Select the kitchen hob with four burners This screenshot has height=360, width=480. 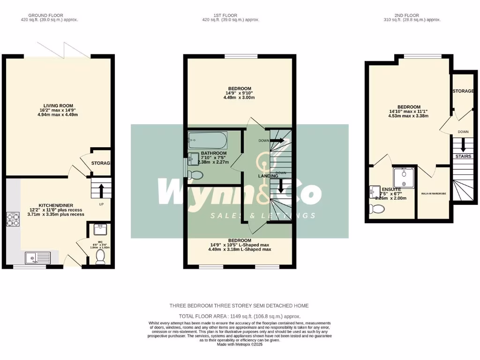click(x=12, y=219)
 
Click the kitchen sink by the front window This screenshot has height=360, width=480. click(x=36, y=257)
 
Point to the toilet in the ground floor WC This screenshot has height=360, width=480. click(x=100, y=256)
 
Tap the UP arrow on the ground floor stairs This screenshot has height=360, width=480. click(x=101, y=189)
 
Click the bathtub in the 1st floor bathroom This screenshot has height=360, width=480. click(x=207, y=139)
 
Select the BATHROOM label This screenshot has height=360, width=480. click(x=214, y=153)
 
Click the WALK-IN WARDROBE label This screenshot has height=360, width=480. click(x=433, y=193)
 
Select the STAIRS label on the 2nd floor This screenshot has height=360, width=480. click(x=464, y=157)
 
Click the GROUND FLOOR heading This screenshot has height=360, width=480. click(x=49, y=15)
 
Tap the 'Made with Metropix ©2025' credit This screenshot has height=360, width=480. click(x=240, y=345)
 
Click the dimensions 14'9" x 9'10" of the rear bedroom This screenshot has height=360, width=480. click(x=240, y=93)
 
